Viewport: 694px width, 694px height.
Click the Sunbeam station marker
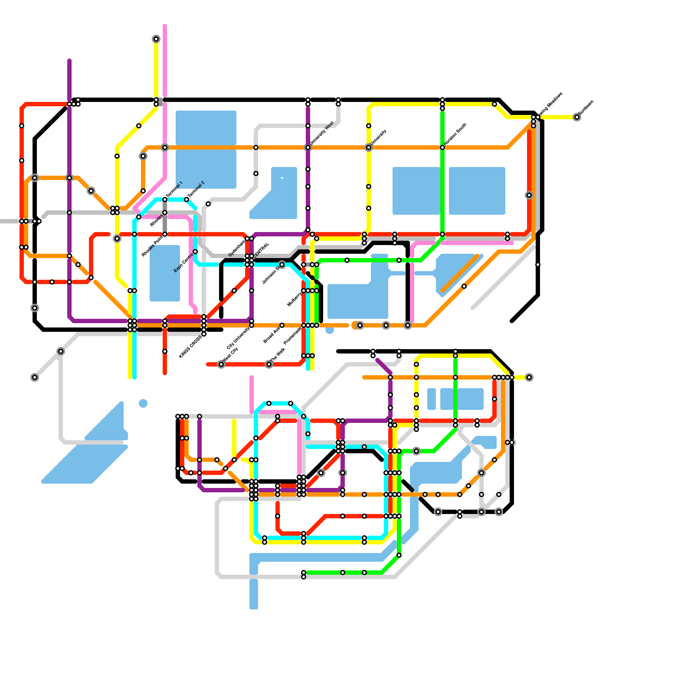(x=576, y=117)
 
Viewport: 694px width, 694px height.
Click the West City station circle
(x=221, y=364)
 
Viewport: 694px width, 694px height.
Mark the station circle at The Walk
(x=269, y=364)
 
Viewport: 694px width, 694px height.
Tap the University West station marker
(x=308, y=147)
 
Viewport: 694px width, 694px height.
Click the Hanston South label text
(x=455, y=134)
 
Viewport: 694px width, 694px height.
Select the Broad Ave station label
(x=272, y=335)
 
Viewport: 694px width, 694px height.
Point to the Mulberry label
(x=295, y=299)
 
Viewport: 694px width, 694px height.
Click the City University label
(x=239, y=338)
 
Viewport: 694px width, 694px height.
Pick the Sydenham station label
(x=237, y=248)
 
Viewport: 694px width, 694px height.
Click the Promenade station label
(x=292, y=336)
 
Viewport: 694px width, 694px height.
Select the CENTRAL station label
(x=262, y=250)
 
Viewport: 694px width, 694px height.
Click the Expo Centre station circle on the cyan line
(x=195, y=252)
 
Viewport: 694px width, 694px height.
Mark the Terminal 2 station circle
(x=187, y=200)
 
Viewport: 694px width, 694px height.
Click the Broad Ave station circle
(x=282, y=325)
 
